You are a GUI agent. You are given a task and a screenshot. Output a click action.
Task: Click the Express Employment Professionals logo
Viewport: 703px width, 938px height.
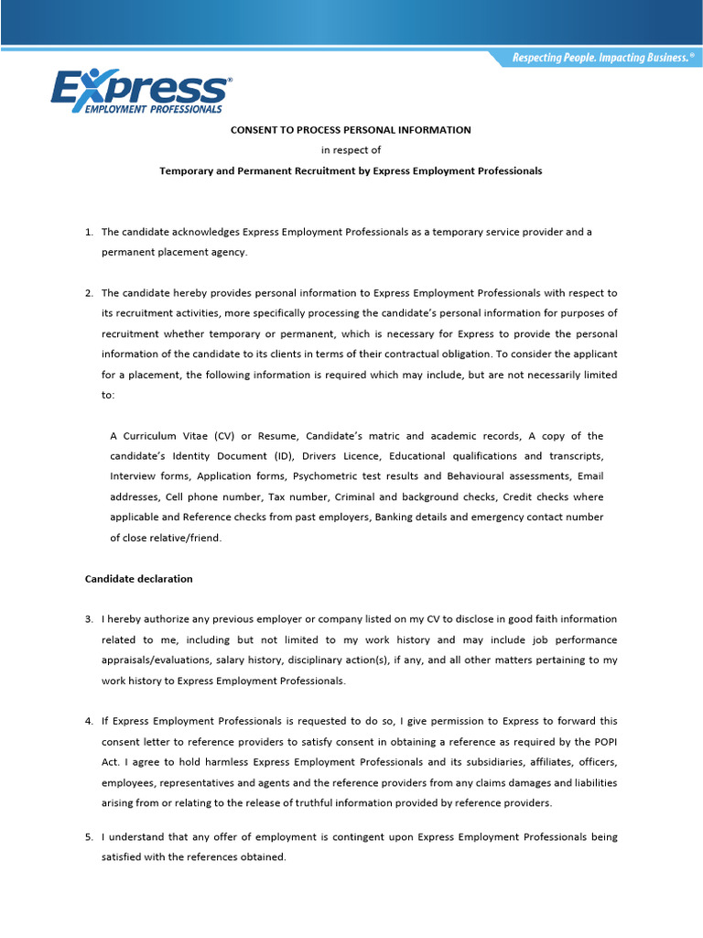point(139,92)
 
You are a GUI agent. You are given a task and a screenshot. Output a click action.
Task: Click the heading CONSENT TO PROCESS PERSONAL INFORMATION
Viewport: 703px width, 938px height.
point(351,130)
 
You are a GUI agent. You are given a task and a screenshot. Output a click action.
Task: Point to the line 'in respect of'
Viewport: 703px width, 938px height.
point(351,150)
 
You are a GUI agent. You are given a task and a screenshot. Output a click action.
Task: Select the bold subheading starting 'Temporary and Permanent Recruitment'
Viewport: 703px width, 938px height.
point(351,171)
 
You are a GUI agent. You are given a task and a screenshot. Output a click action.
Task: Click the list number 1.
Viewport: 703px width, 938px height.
point(89,233)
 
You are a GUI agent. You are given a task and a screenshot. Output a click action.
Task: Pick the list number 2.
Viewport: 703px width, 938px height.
point(89,294)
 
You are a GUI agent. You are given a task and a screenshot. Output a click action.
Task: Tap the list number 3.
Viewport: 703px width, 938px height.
point(89,620)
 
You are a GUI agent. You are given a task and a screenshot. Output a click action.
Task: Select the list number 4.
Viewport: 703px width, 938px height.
point(89,722)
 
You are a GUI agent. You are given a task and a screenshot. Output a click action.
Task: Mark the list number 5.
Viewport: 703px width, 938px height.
point(89,837)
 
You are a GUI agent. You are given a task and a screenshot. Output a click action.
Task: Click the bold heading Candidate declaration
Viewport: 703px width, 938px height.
point(138,580)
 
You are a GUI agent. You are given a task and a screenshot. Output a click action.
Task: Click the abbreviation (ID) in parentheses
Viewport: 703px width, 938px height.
point(282,456)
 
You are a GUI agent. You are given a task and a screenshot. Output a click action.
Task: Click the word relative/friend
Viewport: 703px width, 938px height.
point(179,539)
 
